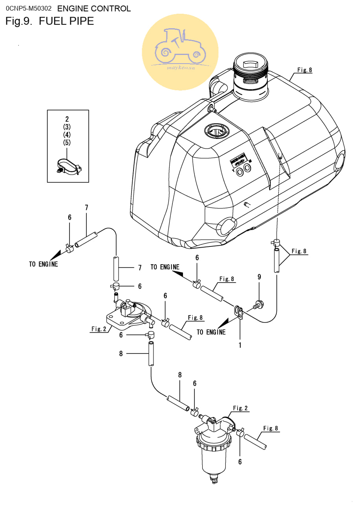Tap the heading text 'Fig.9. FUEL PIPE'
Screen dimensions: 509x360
coord(50,21)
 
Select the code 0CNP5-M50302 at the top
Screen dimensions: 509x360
coord(29,8)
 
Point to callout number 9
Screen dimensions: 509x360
coord(259,277)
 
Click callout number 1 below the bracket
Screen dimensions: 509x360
coord(240,345)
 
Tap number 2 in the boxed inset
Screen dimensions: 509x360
coord(67,119)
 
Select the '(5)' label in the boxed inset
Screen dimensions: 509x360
coord(67,142)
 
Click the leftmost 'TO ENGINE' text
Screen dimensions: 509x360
coord(43,264)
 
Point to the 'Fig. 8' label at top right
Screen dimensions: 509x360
coord(304,70)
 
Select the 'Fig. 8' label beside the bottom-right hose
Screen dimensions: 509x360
coord(270,428)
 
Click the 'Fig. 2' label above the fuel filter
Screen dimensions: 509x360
coord(240,408)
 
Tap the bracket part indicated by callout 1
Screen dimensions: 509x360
coord(239,313)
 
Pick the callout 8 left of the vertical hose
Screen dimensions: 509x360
coord(121,354)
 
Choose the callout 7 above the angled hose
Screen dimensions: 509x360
coord(86,207)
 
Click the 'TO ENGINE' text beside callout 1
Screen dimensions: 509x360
coord(211,332)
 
